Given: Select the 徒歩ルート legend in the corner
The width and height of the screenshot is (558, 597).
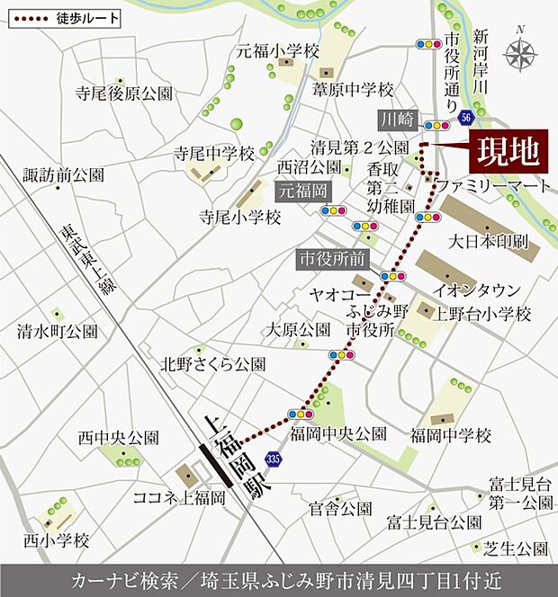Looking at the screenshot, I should (63, 17).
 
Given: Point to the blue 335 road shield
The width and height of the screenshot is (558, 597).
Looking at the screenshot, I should (274, 460).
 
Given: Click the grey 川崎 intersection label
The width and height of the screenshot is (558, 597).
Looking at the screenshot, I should (396, 119).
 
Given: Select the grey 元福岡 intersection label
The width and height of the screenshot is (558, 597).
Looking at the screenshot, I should (303, 190).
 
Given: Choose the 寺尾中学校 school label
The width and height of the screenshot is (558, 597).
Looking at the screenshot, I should (215, 152).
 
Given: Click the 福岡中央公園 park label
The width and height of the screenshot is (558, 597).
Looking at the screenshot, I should (338, 434).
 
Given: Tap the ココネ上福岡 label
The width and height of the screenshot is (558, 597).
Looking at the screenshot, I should (179, 498).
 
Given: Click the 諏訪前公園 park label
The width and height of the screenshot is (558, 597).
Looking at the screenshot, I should (64, 174).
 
